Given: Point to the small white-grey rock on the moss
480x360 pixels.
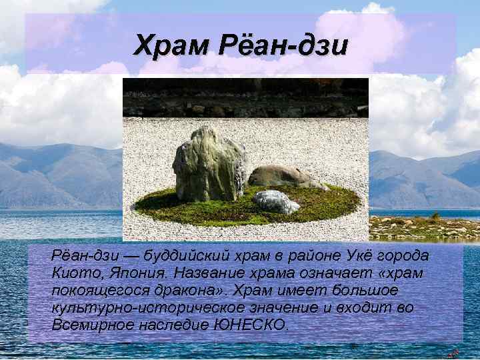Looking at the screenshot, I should [275, 201].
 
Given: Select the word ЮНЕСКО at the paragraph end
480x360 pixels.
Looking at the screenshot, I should [252, 325].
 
